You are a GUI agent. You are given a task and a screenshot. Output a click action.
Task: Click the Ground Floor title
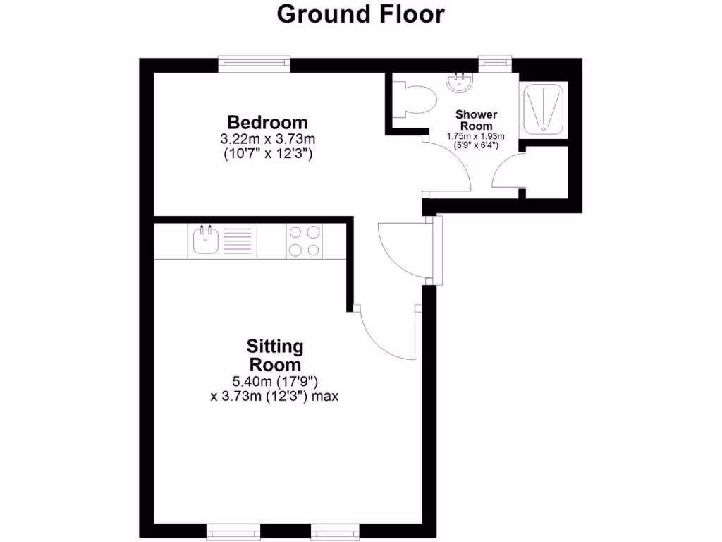360,14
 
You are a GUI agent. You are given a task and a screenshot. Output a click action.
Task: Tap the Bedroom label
267,121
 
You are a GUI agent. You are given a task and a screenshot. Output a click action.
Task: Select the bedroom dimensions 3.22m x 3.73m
267,138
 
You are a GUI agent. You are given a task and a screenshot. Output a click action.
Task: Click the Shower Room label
476,120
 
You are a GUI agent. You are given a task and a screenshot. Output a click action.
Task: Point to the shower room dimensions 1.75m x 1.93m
476,136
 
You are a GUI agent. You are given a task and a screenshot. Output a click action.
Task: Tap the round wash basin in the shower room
460,83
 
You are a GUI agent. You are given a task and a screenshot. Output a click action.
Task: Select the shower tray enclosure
543,108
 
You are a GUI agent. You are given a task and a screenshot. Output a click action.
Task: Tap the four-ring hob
304,241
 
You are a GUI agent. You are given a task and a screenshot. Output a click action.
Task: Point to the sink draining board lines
238,241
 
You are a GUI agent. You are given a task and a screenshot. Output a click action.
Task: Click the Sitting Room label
274,356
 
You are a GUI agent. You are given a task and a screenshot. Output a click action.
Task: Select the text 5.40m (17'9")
274,382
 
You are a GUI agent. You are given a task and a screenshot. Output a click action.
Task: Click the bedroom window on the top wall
255,64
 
